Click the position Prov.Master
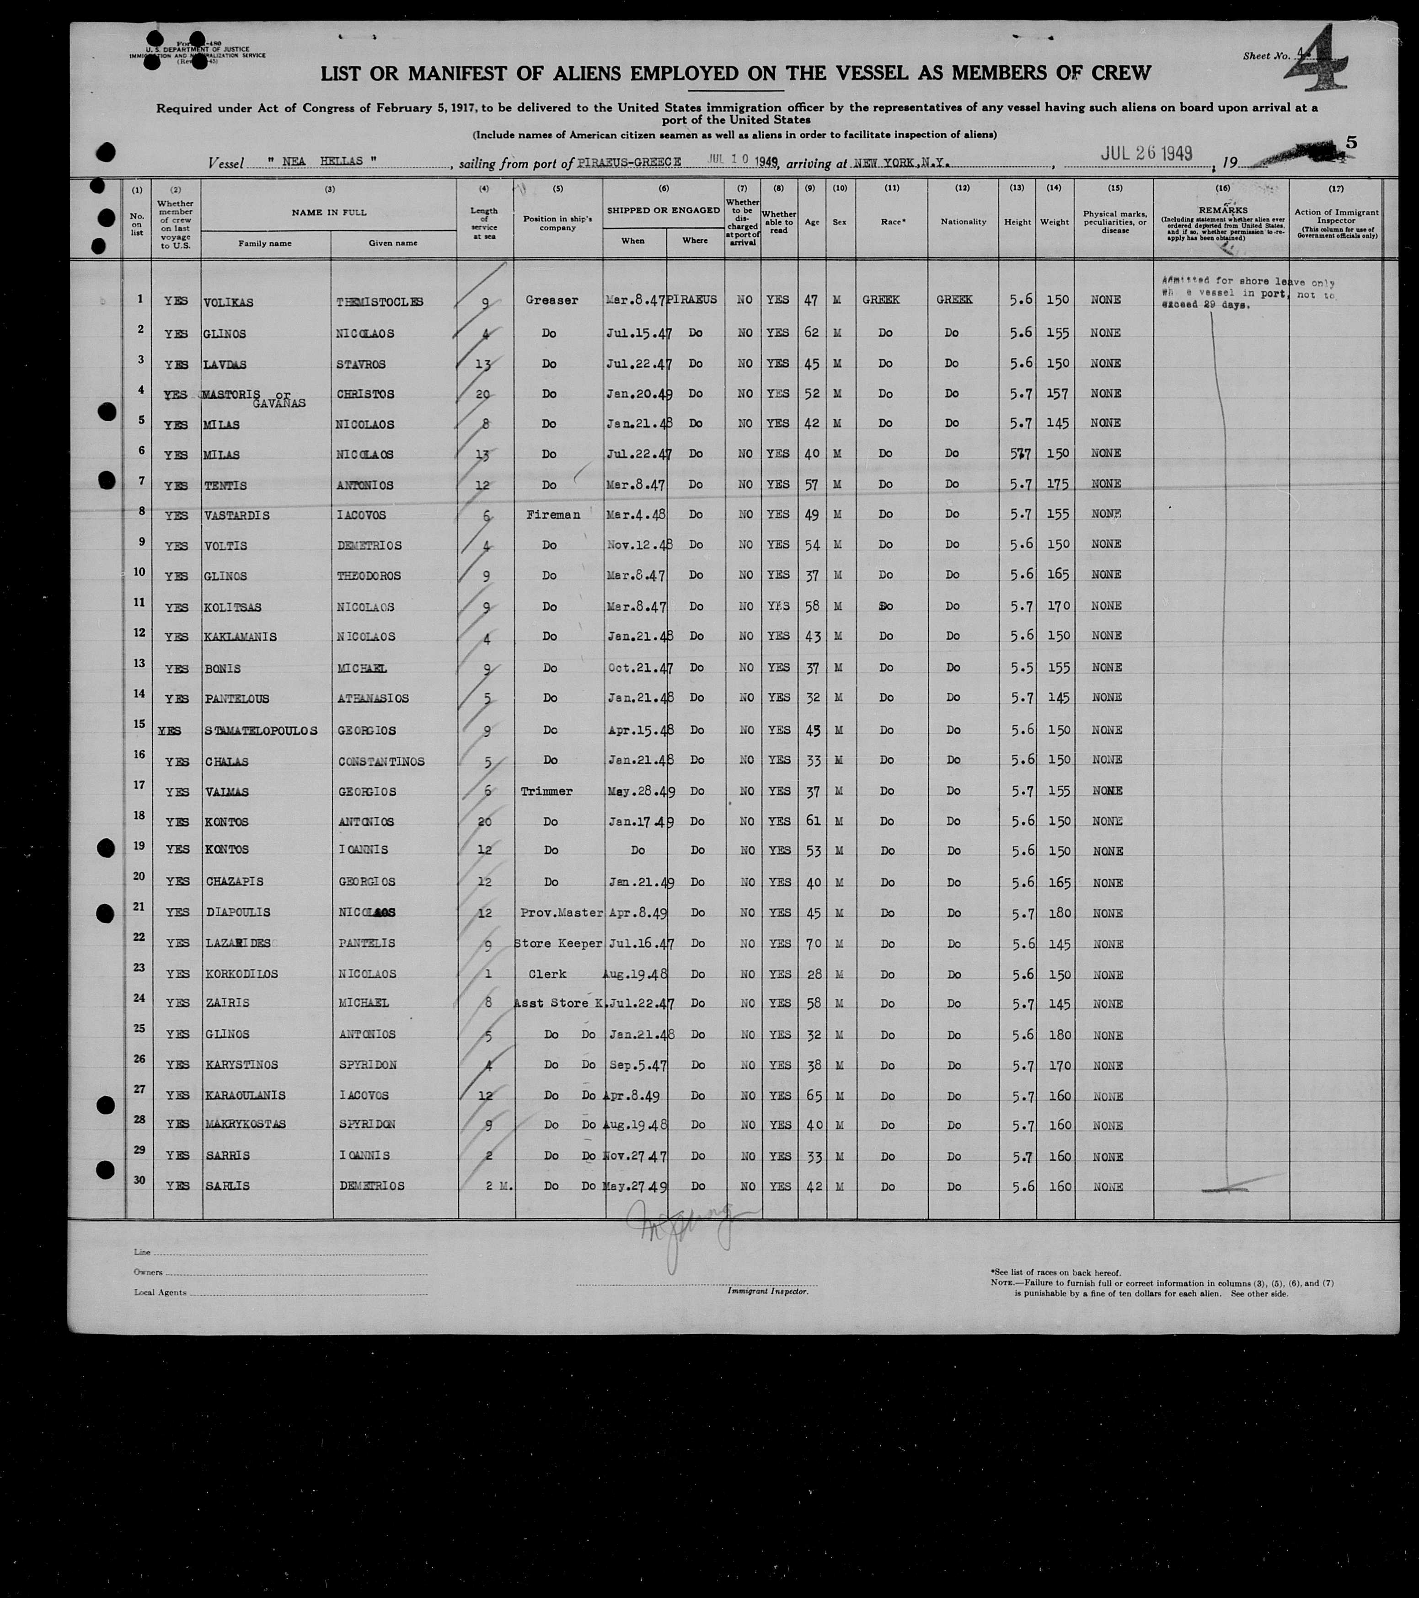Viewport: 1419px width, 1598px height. (562, 912)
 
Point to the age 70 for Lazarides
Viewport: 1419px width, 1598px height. (812, 944)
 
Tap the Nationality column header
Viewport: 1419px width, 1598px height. (963, 221)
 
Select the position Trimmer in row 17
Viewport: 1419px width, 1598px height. (546, 791)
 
